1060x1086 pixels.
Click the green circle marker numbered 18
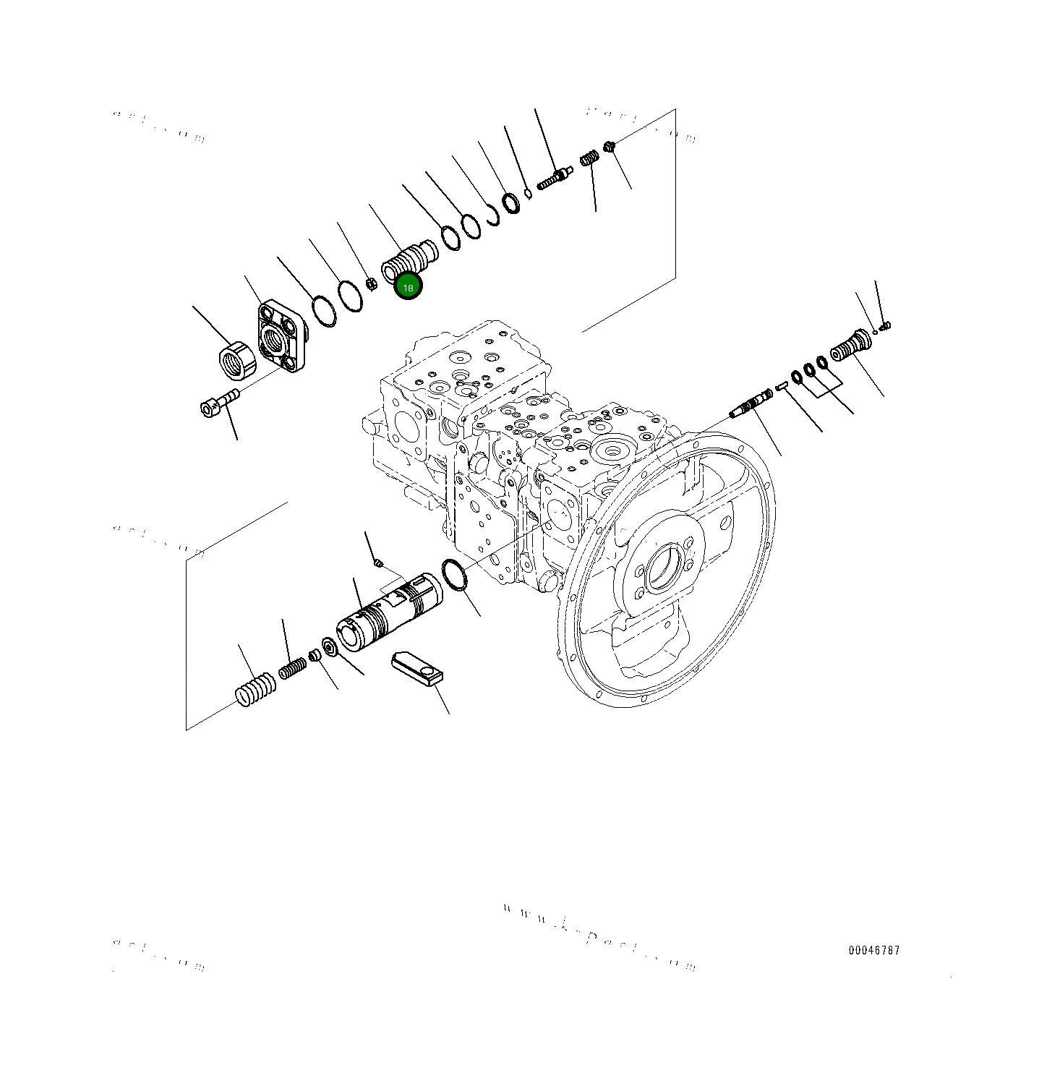click(408, 287)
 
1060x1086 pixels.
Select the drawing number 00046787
click(874, 950)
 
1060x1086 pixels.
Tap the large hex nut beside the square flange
click(238, 360)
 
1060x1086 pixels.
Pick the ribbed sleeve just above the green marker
click(409, 258)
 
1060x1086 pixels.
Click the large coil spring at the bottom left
click(256, 690)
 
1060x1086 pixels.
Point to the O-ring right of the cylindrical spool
click(453, 575)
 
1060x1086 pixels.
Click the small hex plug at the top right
click(610, 146)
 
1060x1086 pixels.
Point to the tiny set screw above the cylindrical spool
click(377, 563)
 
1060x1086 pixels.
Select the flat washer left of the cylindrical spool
click(329, 646)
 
